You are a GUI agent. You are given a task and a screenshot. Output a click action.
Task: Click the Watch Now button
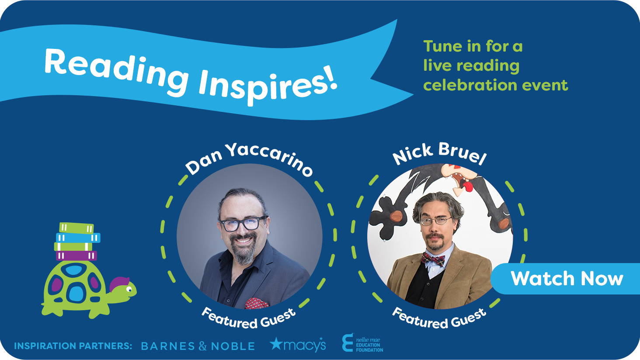point(566,279)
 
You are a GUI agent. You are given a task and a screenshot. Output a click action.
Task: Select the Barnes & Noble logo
point(198,346)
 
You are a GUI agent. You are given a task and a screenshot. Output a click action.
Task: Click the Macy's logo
point(298,344)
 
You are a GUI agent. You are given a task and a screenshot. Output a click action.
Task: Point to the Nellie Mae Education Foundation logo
point(362,343)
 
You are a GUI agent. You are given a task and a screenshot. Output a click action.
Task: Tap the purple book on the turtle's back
point(77,256)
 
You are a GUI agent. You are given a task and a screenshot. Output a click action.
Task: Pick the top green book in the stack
point(77,228)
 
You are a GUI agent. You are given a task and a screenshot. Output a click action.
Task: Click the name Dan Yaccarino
point(249,159)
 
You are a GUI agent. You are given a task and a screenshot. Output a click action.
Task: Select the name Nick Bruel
point(439,153)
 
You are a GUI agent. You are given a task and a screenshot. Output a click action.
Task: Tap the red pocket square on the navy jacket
point(256,303)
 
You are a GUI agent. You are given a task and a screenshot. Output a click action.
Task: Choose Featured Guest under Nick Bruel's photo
point(439,318)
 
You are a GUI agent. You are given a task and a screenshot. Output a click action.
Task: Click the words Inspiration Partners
point(73,346)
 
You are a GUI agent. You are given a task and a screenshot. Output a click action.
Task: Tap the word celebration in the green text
point(470,85)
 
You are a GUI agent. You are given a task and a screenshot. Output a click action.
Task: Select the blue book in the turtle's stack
point(78,238)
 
